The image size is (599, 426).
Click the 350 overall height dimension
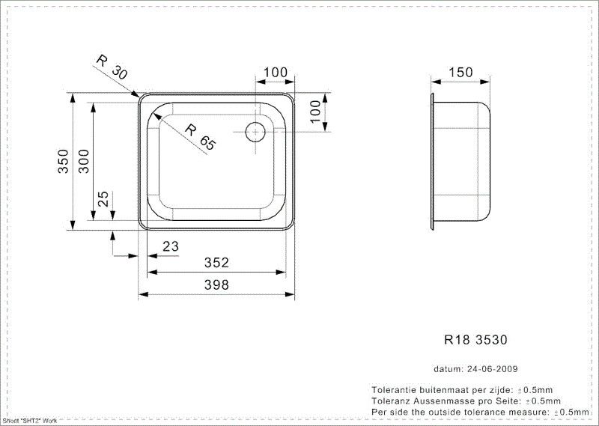click(x=63, y=162)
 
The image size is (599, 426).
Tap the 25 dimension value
click(x=104, y=199)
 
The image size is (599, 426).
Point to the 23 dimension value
click(x=171, y=245)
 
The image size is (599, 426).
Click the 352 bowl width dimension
click(x=216, y=263)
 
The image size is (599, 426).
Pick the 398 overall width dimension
click(x=216, y=284)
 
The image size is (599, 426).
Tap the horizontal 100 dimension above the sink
click(x=275, y=73)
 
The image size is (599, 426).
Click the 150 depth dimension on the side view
click(x=460, y=73)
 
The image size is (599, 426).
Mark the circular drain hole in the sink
click(x=255, y=132)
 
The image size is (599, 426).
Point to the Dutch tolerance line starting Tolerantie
click(x=462, y=391)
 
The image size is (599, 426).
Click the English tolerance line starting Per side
click(x=480, y=412)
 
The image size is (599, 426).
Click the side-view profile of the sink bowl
click(x=461, y=161)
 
